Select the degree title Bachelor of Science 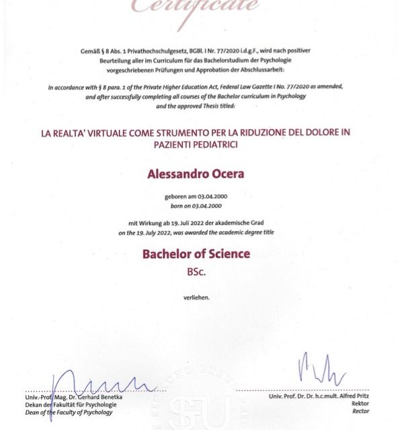[x=196, y=254]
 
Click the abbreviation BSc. [x=196, y=273]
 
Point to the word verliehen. [x=196, y=296]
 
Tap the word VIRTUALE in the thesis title [x=103, y=133]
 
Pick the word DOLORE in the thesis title [x=307, y=133]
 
